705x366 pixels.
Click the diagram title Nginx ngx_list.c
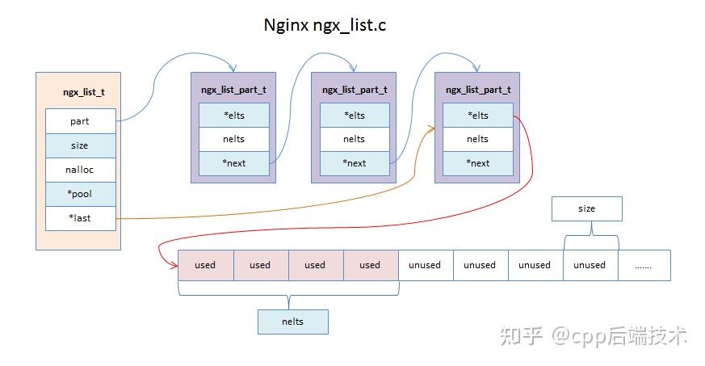pyautogui.click(x=325, y=24)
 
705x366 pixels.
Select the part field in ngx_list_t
pyautogui.click(x=80, y=121)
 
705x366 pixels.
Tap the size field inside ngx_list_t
pyautogui.click(x=80, y=145)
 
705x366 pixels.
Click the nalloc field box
pyautogui.click(x=80, y=170)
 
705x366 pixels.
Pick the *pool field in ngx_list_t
pyautogui.click(x=80, y=194)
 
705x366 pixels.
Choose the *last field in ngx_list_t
pyautogui.click(x=80, y=218)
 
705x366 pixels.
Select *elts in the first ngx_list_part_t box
pyautogui.click(x=233, y=115)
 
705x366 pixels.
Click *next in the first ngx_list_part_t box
pyautogui.click(x=233, y=162)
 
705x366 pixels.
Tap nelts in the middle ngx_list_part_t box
pyautogui.click(x=355, y=139)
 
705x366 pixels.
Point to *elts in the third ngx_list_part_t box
pyautogui.click(x=477, y=115)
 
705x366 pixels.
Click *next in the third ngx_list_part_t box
pyautogui.click(x=477, y=162)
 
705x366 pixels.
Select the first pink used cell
pyautogui.click(x=205, y=265)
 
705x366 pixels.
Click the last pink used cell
pyautogui.click(x=370, y=265)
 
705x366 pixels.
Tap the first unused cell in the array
pyautogui.click(x=425, y=265)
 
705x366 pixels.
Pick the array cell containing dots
pyautogui.click(x=644, y=265)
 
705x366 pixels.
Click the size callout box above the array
pyautogui.click(x=587, y=208)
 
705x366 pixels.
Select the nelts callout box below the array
pyautogui.click(x=293, y=322)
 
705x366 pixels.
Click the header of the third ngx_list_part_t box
pyautogui.click(x=477, y=90)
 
